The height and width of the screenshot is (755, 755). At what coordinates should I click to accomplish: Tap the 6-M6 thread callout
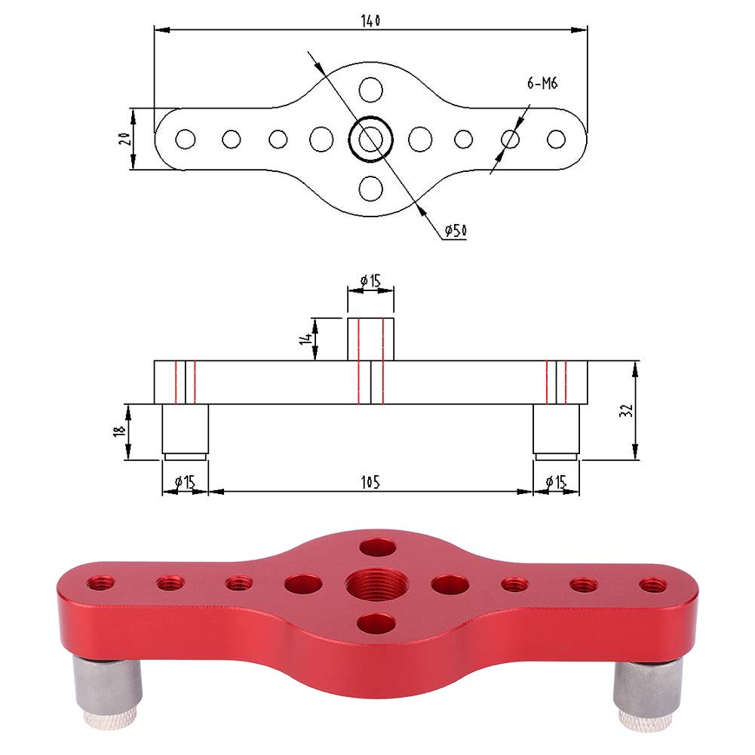point(542,84)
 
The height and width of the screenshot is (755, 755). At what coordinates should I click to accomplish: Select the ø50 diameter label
point(455,231)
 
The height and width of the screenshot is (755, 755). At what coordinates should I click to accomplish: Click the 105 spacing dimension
point(370,481)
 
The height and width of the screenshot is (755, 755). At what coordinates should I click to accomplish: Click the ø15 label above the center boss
point(370,281)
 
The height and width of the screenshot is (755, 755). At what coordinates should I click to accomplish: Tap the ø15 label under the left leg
point(186,481)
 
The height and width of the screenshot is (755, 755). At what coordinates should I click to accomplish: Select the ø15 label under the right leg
point(557,481)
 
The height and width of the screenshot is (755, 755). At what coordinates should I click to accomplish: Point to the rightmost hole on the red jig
point(653,584)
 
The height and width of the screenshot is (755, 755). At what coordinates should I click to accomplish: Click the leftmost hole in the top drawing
point(186,140)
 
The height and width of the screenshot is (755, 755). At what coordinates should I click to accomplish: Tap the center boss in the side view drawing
point(370,339)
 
